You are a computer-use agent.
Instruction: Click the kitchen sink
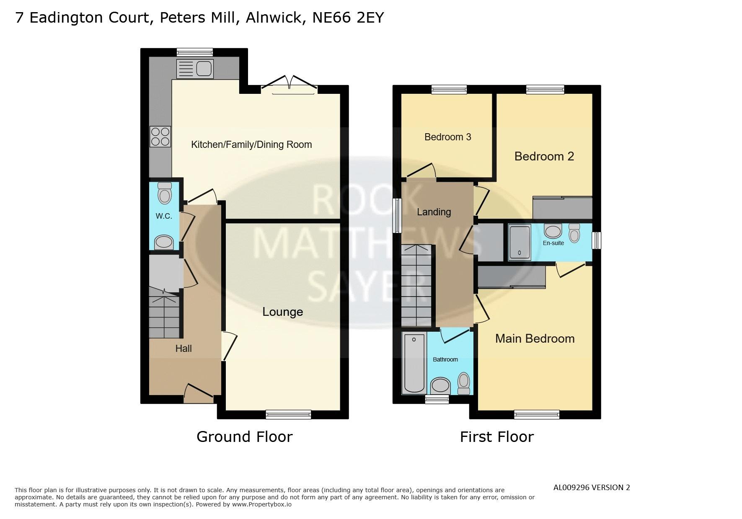click(195, 69)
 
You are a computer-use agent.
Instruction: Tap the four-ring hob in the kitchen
click(160, 137)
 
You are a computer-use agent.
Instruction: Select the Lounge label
click(283, 312)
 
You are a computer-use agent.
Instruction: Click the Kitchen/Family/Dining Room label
click(251, 145)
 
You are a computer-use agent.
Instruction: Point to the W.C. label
click(164, 216)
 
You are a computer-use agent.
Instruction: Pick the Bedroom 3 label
click(448, 137)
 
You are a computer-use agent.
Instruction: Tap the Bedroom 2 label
click(544, 156)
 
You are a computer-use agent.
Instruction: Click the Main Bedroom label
click(535, 338)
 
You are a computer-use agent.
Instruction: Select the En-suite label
click(553, 243)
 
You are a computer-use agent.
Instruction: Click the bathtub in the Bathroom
click(414, 363)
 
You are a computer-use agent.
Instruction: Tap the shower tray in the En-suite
click(520, 242)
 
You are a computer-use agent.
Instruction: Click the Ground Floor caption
click(245, 437)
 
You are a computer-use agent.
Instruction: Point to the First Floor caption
click(497, 437)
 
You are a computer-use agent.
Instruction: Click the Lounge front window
click(288, 415)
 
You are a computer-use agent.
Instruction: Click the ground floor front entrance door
click(199, 394)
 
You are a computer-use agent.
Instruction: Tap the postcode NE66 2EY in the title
click(348, 18)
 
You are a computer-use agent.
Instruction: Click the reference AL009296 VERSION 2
click(592, 488)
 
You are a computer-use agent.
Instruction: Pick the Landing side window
click(397, 215)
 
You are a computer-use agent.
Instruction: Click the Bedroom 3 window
click(449, 89)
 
